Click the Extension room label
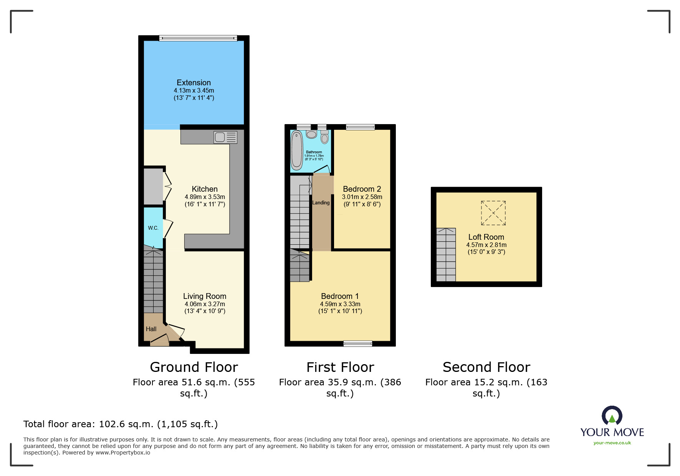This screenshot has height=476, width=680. [194, 83]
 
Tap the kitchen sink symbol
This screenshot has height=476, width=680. [225, 137]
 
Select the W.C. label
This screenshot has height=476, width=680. [153, 228]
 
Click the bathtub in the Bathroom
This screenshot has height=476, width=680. [297, 150]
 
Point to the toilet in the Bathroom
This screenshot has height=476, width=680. [325, 137]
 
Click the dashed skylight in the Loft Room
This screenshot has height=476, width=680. [493, 213]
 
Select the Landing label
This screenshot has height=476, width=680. [321, 202]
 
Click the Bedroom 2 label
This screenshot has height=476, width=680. [362, 189]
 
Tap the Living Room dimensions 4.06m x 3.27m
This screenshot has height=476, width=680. [205, 304]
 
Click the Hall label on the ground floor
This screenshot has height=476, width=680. [151, 329]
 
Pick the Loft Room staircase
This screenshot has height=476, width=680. [446, 255]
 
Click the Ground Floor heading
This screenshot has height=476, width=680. [194, 367]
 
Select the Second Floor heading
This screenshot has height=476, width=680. [486, 367]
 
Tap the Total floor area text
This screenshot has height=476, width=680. [121, 424]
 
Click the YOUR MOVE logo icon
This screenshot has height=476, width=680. [612, 415]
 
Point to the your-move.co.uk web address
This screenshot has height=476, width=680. [612, 443]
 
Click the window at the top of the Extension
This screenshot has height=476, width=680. [198, 38]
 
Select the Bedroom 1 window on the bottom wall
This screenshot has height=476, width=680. [357, 343]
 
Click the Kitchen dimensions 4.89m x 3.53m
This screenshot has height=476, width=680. [205, 197]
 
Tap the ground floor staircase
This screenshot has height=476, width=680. [153, 280]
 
